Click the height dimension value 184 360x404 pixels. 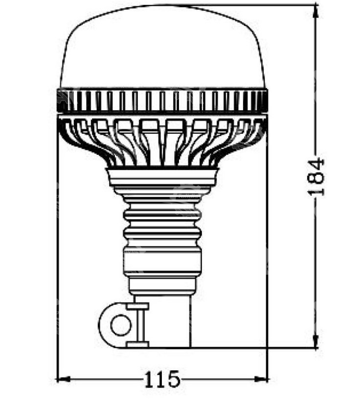(316, 177)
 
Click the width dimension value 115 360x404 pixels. (161, 379)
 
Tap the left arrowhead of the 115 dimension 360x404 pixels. (63, 379)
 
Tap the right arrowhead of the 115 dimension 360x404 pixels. (261, 379)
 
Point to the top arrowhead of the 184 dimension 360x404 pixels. (316, 12)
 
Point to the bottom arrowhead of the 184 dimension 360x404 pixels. (316, 341)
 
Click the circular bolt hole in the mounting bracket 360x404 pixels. (121, 325)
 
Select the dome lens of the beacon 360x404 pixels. (162, 47)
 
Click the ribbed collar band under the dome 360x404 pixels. (162, 100)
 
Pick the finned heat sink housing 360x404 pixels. (162, 141)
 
